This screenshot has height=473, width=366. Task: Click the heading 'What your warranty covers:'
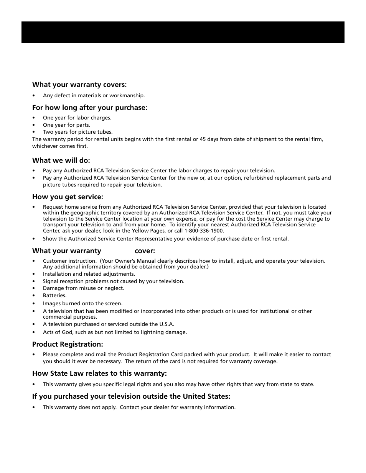pos(79,85)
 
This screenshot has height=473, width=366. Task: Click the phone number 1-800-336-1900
pos(204,231)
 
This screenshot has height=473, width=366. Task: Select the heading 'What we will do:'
pos(61,160)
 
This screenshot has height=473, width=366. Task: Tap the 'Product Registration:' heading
pos(68,344)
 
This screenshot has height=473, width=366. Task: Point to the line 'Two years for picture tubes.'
pos(77,132)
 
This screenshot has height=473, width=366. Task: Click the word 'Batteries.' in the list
pos(54,296)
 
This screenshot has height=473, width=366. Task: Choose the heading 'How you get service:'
pos(68,197)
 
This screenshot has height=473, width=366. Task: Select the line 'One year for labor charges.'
pos(77,118)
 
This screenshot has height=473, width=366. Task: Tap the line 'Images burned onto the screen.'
pos(82,303)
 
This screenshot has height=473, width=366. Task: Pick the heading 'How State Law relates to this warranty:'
pos(99,373)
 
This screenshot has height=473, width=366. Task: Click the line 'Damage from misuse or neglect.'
pos(83,288)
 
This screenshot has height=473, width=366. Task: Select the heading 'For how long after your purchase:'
pos(90,108)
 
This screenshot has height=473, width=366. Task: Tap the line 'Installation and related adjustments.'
pos(89,274)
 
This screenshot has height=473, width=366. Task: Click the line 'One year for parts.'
pos(66,125)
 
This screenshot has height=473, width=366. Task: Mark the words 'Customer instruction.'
pos(69,261)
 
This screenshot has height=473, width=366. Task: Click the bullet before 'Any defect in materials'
pos(34,96)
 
